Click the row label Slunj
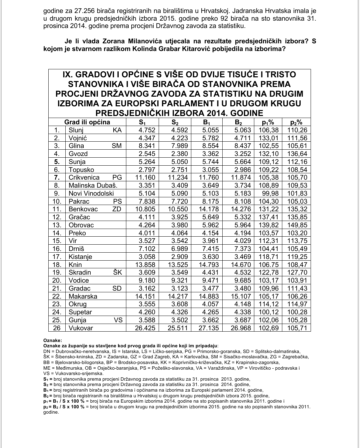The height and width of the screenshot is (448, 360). (76, 130)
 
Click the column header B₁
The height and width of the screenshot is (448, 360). (206, 122)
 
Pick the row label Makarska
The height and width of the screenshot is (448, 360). (83, 296)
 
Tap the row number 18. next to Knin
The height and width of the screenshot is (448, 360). (57, 265)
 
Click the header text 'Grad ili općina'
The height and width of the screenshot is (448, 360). (87, 122)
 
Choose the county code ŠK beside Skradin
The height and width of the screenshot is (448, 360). (117, 272)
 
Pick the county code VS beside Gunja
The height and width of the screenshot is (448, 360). (118, 320)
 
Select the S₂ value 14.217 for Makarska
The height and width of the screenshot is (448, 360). (177, 296)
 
